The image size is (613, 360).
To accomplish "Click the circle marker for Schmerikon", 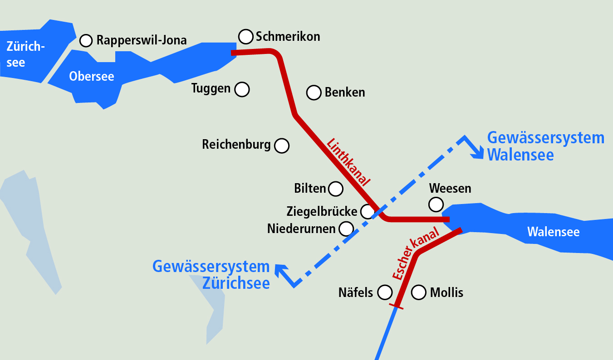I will pyautogui.click(x=245, y=36).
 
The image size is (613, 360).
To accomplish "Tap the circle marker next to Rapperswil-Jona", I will pyautogui.click(x=86, y=40).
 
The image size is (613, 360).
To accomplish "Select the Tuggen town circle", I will pyautogui.click(x=242, y=89).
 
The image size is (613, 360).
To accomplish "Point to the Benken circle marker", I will pyautogui.click(x=314, y=92).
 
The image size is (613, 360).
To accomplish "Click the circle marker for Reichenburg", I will pyautogui.click(x=281, y=146).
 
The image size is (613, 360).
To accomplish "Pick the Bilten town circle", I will pyautogui.click(x=335, y=189).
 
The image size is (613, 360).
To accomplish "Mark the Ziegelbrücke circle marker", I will pyautogui.click(x=367, y=211).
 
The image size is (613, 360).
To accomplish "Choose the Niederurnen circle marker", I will pyautogui.click(x=346, y=229).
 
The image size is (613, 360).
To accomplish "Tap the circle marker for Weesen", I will pyautogui.click(x=436, y=204).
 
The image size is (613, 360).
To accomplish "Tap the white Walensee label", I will pyautogui.click(x=553, y=232).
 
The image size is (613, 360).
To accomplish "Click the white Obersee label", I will pyautogui.click(x=91, y=77).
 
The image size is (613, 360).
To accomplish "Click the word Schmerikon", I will pyautogui.click(x=288, y=36).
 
